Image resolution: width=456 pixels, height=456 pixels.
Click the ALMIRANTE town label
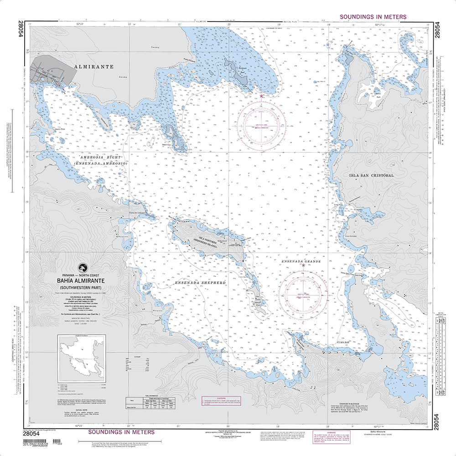[x=93, y=67]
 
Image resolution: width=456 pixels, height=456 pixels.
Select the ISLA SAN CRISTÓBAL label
[x=371, y=175]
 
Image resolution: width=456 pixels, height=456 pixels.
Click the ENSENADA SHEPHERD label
[x=200, y=283]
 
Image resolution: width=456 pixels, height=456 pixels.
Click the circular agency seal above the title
[x=82, y=269]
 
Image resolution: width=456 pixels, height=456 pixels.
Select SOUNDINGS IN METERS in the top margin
[x=373, y=17]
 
